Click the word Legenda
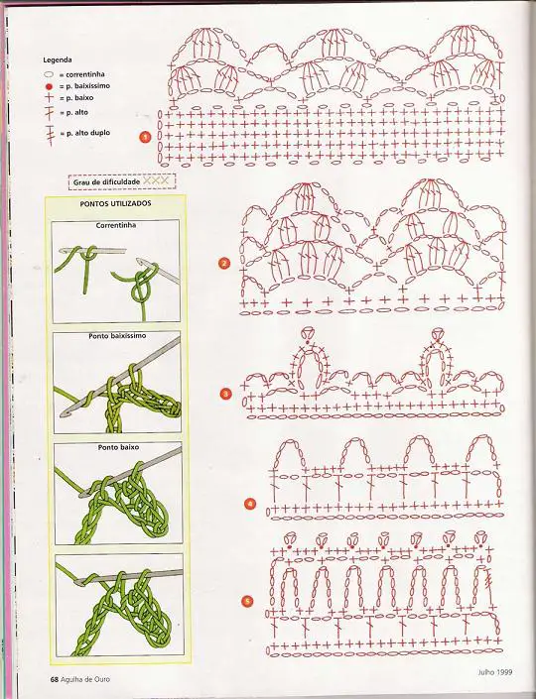click(58, 59)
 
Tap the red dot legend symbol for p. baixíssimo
click(49, 86)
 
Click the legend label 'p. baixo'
click(79, 97)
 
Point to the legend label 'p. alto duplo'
click(88, 133)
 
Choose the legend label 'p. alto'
click(77, 113)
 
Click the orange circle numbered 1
click(145, 137)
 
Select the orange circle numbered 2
click(224, 263)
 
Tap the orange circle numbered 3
click(226, 394)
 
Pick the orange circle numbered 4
click(250, 505)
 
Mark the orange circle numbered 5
click(247, 602)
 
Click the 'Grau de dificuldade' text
click(106, 181)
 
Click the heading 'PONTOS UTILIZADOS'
click(115, 203)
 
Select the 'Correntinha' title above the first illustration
click(115, 226)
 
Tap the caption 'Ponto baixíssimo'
click(117, 336)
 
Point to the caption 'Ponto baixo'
click(118, 447)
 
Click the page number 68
click(54, 679)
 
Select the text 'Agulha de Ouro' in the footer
click(85, 680)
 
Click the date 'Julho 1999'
click(495, 672)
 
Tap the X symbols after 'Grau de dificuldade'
click(156, 181)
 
